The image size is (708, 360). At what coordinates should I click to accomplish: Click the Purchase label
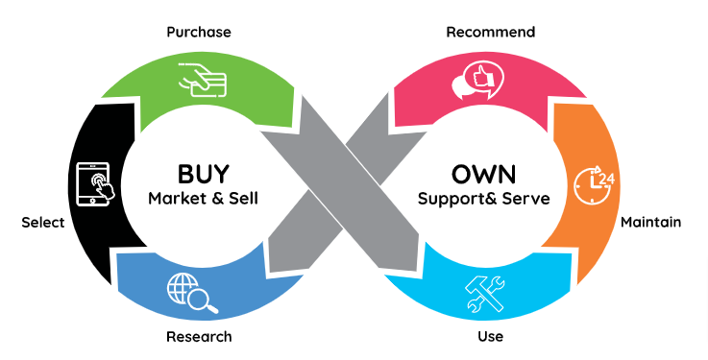[198, 33]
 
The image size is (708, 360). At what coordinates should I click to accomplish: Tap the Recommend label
[490, 33]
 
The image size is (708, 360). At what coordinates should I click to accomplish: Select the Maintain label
[650, 222]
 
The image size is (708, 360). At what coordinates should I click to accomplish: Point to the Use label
[490, 337]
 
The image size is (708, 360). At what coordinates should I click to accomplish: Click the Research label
[198, 337]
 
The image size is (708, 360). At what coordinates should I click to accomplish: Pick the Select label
[42, 223]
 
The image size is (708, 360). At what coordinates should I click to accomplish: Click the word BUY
[204, 175]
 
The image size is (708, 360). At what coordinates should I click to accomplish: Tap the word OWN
[483, 175]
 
